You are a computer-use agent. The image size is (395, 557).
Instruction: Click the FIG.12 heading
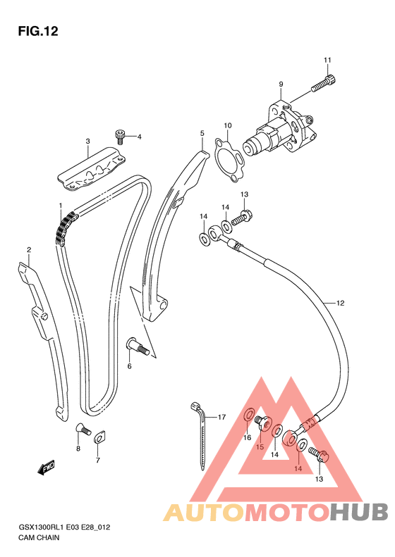click(38, 31)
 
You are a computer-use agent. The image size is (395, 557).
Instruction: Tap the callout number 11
click(327, 60)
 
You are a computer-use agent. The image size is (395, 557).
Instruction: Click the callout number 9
click(281, 85)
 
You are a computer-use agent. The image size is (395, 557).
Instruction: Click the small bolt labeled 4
click(120, 137)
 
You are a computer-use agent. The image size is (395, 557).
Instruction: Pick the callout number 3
click(87, 142)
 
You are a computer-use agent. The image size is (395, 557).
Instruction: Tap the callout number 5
click(202, 134)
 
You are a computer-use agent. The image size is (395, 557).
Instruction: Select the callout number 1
click(61, 206)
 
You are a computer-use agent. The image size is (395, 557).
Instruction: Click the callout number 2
click(29, 250)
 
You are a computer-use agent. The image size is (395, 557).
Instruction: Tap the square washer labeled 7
click(99, 437)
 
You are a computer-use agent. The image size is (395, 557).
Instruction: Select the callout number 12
click(340, 303)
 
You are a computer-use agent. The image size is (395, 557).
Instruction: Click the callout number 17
click(221, 417)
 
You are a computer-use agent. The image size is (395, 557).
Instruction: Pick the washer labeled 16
click(249, 415)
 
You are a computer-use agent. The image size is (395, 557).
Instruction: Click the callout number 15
click(260, 447)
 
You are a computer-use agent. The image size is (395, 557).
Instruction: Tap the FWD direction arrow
click(46, 468)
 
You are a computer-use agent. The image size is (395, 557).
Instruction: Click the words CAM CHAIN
click(39, 537)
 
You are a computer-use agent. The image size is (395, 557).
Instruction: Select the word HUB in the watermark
click(359, 512)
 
